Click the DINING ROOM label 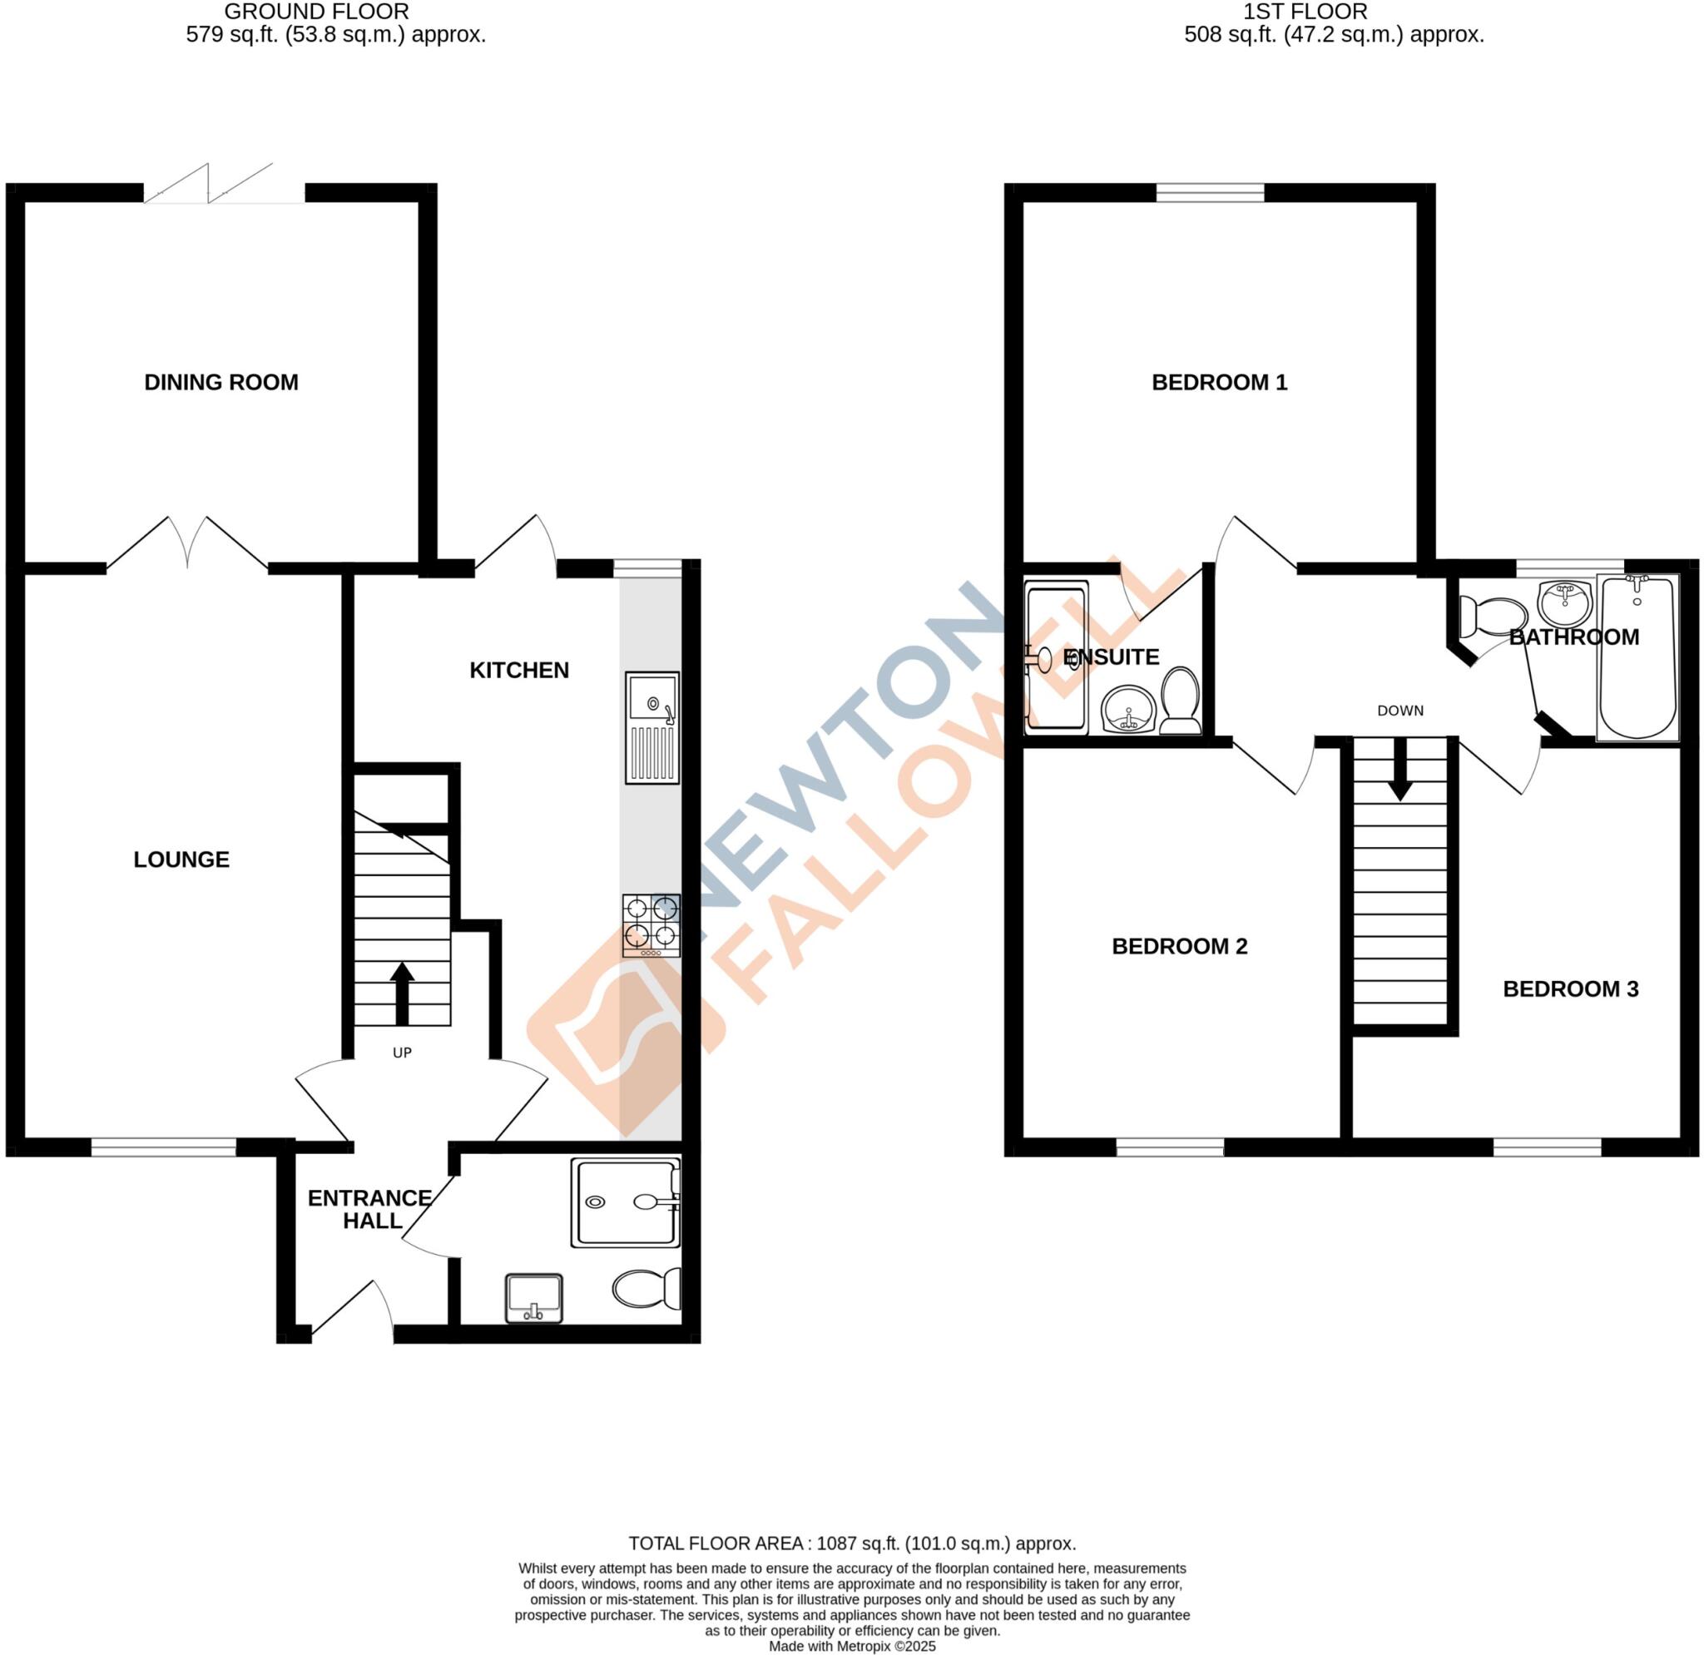[x=220, y=383]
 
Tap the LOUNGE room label [x=181, y=860]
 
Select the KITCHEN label [x=519, y=670]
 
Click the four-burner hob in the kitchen [x=651, y=926]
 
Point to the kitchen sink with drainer [x=652, y=727]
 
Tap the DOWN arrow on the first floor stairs [x=1399, y=770]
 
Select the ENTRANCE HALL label [x=370, y=1210]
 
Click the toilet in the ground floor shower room [x=646, y=1288]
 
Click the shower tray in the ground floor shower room [x=625, y=1202]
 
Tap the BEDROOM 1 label [x=1219, y=383]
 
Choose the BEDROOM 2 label [x=1179, y=947]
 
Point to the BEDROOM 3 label [x=1570, y=989]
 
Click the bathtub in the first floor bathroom [x=1637, y=658]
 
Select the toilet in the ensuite [x=1181, y=701]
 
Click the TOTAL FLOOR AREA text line [x=852, y=1544]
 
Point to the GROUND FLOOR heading [x=316, y=12]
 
